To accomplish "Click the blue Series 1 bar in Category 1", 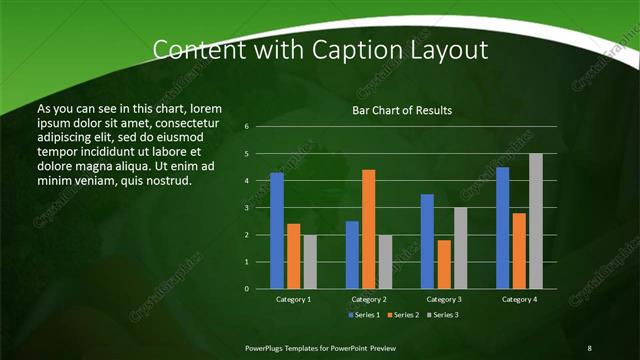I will pos(277,230).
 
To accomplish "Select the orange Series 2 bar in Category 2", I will pos(369,229).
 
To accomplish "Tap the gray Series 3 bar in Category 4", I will pos(536,221).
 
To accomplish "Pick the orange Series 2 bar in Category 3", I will pos(444,264).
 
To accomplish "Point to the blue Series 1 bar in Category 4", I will pos(503,228).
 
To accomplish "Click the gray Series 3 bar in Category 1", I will pos(310,261).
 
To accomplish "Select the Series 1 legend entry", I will pos(364,315).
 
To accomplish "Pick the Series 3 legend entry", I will pos(442,315).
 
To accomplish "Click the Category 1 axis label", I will pos(293,299).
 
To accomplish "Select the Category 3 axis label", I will pos(444,299).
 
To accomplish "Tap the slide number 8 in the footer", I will pos(589,347).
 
